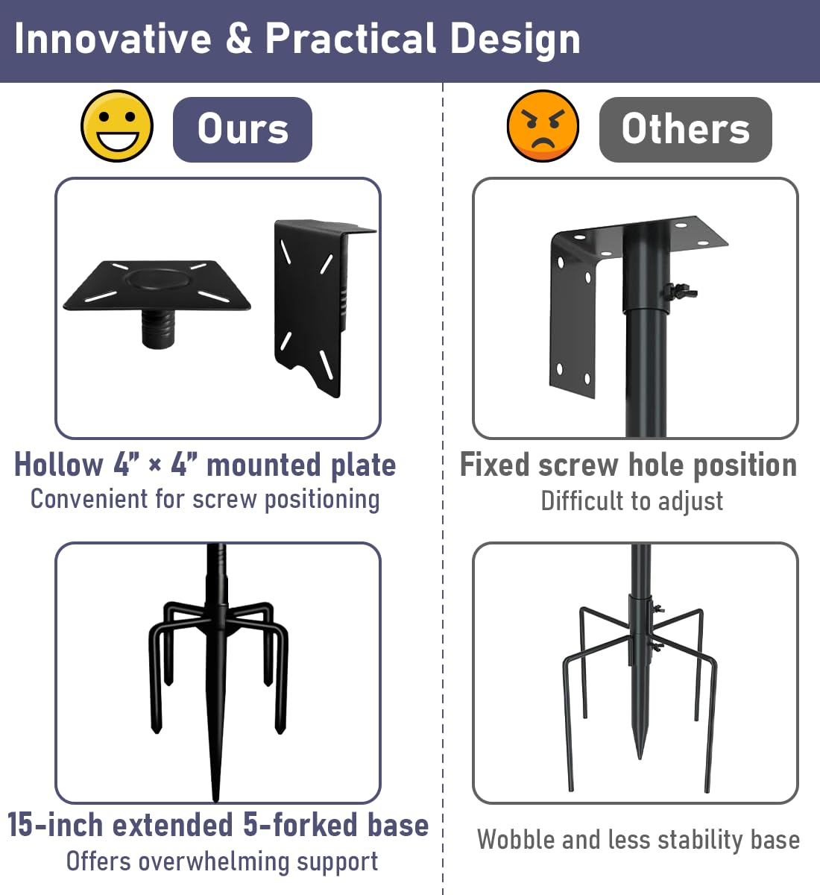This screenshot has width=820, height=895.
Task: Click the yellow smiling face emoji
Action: (117, 126)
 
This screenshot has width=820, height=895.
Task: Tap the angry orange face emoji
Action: (543, 126)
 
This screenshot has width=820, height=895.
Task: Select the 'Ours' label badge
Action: (242, 129)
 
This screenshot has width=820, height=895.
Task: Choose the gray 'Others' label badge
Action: (685, 129)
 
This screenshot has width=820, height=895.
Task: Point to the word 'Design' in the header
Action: (515, 40)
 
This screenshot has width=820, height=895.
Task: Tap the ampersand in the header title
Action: (239, 38)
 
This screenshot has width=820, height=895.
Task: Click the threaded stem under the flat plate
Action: (158, 328)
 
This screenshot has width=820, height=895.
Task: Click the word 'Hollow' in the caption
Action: (59, 465)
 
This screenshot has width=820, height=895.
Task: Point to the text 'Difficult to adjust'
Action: (631, 501)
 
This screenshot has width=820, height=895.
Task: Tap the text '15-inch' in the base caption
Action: (56, 824)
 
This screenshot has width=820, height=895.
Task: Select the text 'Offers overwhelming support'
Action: (222, 861)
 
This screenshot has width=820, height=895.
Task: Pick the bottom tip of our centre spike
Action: (215, 800)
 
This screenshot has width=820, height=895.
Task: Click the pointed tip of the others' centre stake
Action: (640, 757)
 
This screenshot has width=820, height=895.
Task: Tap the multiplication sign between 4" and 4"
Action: (154, 466)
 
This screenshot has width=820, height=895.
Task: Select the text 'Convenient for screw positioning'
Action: (205, 499)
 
